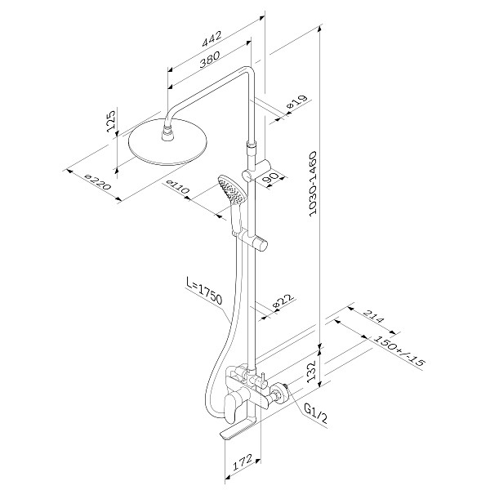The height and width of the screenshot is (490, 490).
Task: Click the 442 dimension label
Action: (x=212, y=38)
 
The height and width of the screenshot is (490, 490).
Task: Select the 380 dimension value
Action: (x=210, y=59)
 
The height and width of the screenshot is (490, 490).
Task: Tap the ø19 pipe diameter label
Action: (x=296, y=102)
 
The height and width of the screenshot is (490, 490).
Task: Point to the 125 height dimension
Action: (x=111, y=121)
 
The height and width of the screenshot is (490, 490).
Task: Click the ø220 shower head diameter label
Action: (x=98, y=181)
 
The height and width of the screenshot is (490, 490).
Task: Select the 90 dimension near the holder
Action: (x=270, y=179)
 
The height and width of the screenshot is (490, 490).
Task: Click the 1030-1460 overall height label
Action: (x=313, y=184)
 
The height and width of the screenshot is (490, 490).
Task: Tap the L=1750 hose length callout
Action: (x=204, y=291)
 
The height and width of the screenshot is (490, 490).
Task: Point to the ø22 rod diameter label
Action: (x=283, y=302)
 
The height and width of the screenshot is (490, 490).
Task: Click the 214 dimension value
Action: (x=375, y=317)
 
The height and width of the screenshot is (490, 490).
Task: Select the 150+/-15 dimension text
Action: (x=400, y=351)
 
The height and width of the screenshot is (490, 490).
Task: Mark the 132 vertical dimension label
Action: (x=312, y=372)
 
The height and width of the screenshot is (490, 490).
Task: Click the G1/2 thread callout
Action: (x=316, y=413)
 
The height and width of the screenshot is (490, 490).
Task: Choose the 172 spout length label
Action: (x=243, y=462)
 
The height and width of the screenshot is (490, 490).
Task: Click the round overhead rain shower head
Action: (x=168, y=142)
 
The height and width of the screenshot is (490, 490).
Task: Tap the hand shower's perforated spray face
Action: (x=231, y=189)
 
